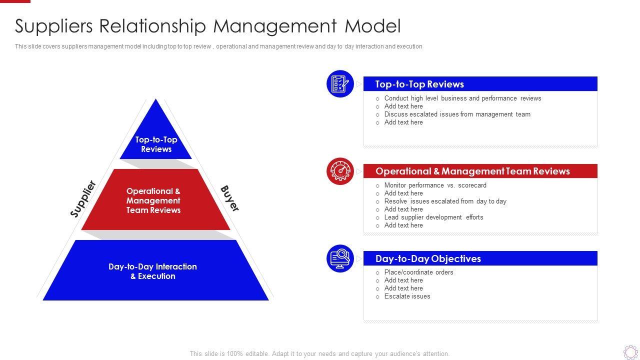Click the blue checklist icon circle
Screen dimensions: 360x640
pyautogui.click(x=340, y=83)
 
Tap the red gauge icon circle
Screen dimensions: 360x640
pyautogui.click(x=340, y=171)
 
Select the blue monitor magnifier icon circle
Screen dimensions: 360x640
pyautogui.click(x=340, y=258)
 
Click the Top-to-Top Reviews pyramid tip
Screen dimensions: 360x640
pyautogui.click(x=156, y=137)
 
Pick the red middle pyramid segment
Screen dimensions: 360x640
pyautogui.click(x=155, y=200)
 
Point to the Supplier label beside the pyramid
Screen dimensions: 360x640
pyautogui.click(x=83, y=199)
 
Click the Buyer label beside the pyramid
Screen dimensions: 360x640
pyautogui.click(x=229, y=198)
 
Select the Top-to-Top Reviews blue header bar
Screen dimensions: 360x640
pyautogui.click(x=480, y=84)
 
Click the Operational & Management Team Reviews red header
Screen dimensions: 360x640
pyautogui.click(x=480, y=171)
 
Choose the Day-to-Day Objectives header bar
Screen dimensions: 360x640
pyautogui.click(x=480, y=258)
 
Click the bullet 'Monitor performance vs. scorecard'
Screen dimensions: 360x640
pyautogui.click(x=435, y=185)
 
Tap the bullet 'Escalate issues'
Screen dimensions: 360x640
pyautogui.click(x=407, y=296)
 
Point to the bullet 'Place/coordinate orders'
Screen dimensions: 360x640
pyautogui.click(x=418, y=272)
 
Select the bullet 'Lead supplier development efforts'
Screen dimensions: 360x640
pyautogui.click(x=433, y=217)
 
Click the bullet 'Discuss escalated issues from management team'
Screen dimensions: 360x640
pyautogui.click(x=457, y=114)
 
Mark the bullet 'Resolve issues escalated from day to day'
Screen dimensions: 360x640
pyautogui.click(x=445, y=201)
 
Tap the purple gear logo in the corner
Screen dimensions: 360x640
pyautogui.click(x=630, y=351)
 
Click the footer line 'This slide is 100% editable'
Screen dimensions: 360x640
pyautogui.click(x=319, y=353)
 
